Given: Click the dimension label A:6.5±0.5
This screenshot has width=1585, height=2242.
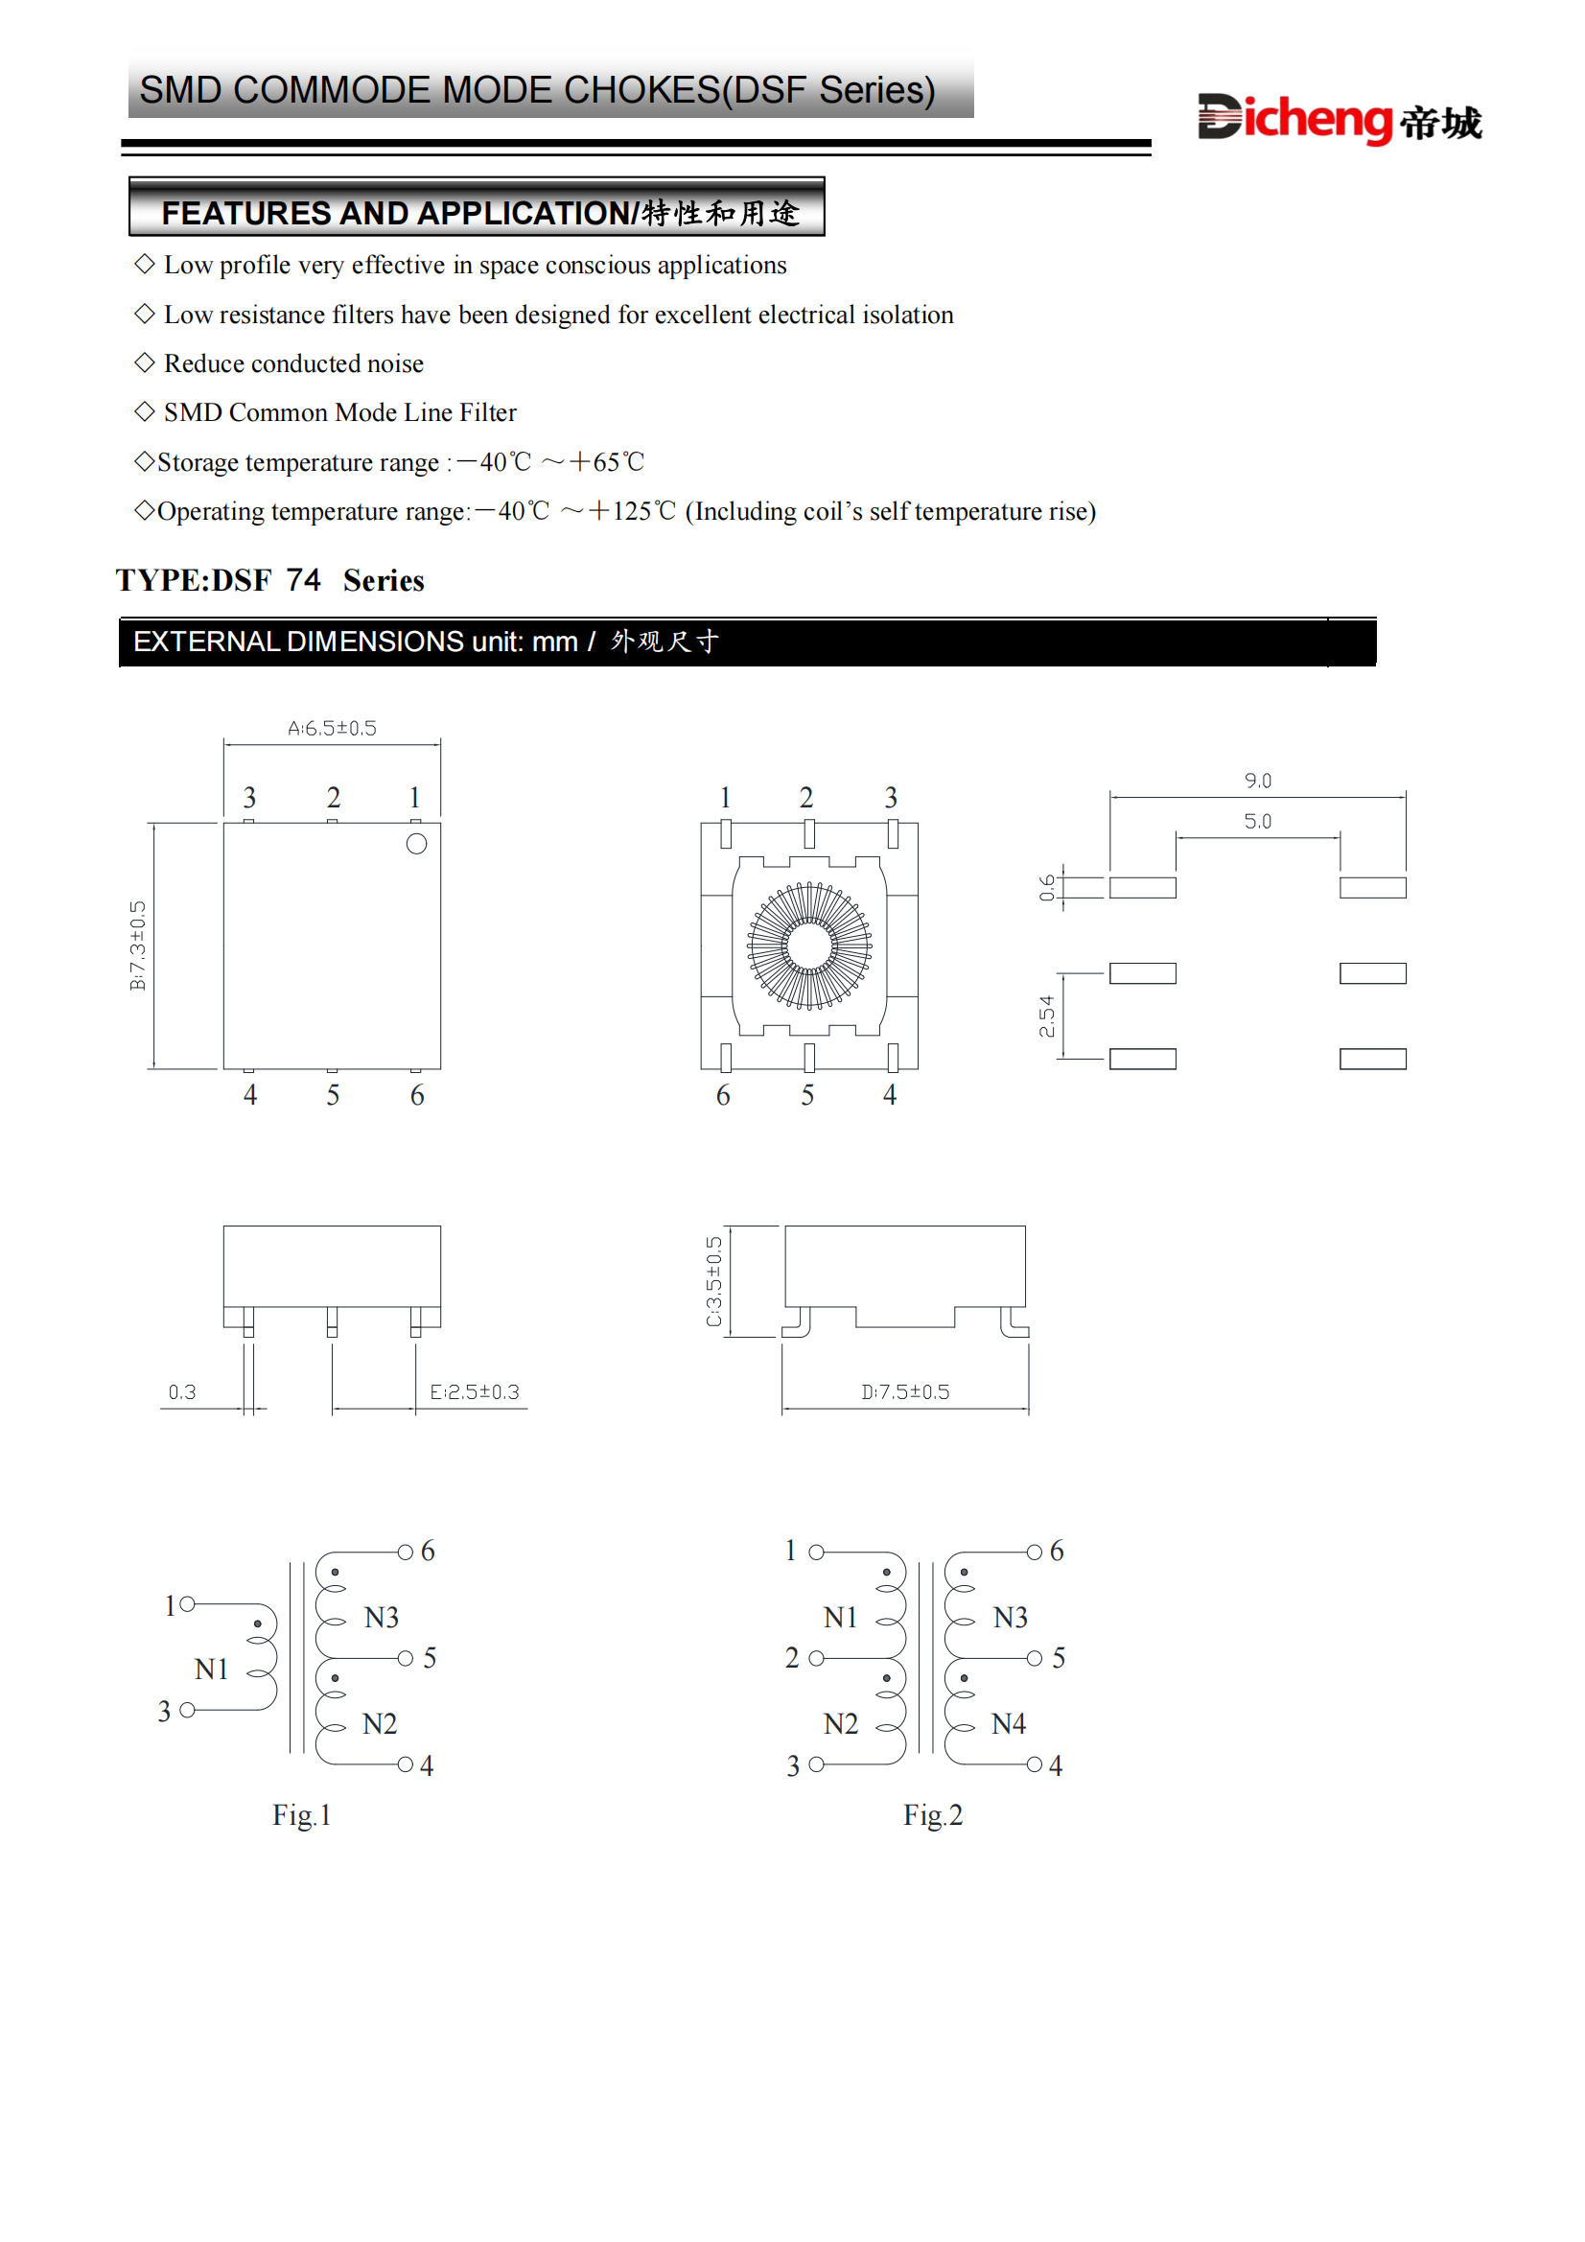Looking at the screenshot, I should (332, 729).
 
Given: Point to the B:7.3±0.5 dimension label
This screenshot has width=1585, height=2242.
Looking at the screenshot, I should (138, 946).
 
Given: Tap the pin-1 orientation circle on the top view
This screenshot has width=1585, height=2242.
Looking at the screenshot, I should (416, 845).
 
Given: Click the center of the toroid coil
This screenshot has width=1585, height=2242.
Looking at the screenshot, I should (809, 946).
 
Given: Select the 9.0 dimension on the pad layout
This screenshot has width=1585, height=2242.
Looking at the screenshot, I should (1257, 781).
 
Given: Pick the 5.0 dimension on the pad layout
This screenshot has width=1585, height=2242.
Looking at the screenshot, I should (1257, 821).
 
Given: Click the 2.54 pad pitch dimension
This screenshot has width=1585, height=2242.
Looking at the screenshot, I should (1047, 1016).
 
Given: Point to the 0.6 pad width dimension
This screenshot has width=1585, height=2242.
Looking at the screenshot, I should (1047, 888).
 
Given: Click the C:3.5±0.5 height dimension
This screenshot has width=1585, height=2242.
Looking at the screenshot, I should (714, 1281).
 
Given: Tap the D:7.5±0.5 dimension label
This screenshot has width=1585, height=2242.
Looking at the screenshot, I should (904, 1391).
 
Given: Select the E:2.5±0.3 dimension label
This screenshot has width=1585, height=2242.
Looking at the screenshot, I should (475, 1391).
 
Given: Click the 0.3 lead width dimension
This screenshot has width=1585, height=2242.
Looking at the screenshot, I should (181, 1391).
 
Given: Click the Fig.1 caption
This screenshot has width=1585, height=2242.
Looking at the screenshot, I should (302, 1815).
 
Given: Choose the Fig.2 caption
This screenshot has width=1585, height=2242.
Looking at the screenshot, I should (933, 1815).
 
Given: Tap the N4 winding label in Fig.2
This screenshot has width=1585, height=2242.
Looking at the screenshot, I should (1009, 1724).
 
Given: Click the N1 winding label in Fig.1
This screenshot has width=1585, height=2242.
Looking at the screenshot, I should (211, 1670).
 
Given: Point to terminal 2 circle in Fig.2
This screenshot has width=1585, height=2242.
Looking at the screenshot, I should (816, 1658).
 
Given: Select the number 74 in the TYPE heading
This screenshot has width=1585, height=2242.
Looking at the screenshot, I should (304, 580).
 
